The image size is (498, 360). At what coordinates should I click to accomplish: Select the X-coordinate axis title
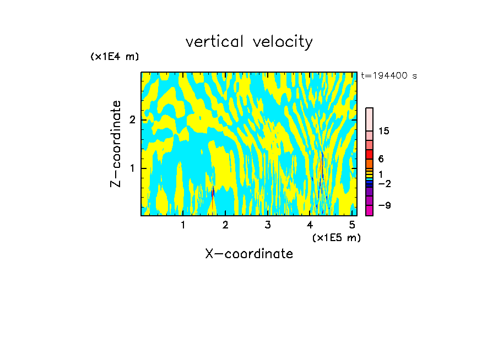249,254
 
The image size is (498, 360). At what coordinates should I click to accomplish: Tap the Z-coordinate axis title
116,144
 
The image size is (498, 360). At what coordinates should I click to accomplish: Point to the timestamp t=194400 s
388,75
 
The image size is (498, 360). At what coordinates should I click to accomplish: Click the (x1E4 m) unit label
115,56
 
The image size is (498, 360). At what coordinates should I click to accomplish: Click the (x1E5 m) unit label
336,237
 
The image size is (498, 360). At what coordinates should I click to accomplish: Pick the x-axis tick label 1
183,225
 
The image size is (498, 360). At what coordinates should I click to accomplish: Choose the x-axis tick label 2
225,225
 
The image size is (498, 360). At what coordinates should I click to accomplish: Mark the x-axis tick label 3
268,225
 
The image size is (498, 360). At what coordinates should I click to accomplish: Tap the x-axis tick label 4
310,225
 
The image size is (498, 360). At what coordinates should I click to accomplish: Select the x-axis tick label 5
352,225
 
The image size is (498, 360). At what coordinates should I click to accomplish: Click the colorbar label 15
384,131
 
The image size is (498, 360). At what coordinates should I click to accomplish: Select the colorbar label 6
381,159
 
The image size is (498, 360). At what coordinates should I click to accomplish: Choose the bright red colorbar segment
369,154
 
